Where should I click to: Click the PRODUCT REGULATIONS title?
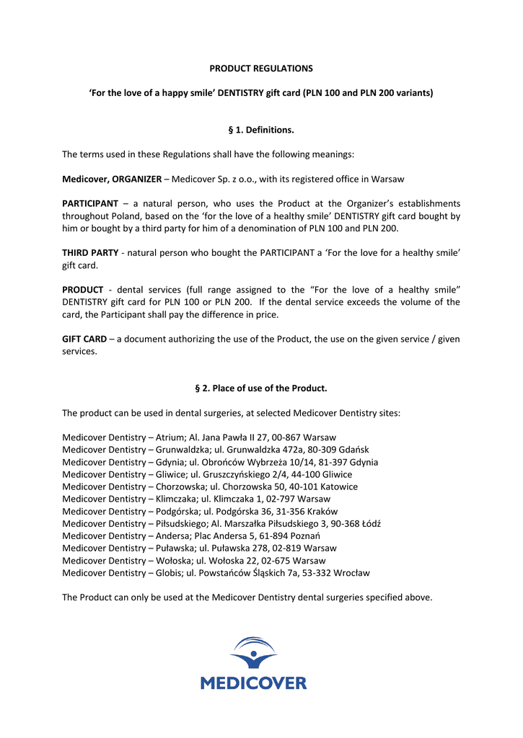pyautogui.click(x=261, y=68)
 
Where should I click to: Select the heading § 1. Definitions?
pyautogui.click(x=261, y=130)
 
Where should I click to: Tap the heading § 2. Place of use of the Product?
pyautogui.click(x=261, y=388)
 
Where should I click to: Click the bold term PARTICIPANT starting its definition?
pyautogui.click(x=90, y=204)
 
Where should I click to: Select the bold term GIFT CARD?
pyautogui.click(x=84, y=339)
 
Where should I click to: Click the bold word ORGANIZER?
pyautogui.click(x=137, y=179)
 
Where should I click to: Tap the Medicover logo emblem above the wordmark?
pyautogui.click(x=253, y=654)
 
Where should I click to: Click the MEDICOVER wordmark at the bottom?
pyautogui.click(x=253, y=683)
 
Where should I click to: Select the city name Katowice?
pyautogui.click(x=339, y=486)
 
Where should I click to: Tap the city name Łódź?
pyautogui.click(x=369, y=523)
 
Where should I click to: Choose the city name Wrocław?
pyautogui.click(x=353, y=573)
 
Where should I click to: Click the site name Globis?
pyautogui.click(x=167, y=573)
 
